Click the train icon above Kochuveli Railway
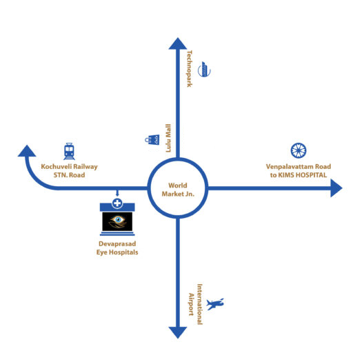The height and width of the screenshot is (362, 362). (69, 151)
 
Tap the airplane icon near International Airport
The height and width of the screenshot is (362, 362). (215, 304)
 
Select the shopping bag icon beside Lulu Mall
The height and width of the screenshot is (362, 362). (152, 140)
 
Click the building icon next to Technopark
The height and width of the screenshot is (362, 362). (204, 69)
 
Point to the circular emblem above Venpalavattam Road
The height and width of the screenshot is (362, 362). (299, 150)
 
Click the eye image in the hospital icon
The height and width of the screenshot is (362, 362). (117, 221)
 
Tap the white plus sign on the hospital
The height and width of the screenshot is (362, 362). (117, 203)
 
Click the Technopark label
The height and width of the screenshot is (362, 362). (190, 68)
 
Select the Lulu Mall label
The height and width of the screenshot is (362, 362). (168, 138)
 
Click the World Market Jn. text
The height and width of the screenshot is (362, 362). (178, 190)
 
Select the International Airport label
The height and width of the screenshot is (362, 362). (195, 304)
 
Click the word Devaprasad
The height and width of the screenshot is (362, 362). (117, 244)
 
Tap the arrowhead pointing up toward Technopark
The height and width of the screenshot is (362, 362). (178, 43)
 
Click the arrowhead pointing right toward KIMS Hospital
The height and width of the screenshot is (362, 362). (336, 188)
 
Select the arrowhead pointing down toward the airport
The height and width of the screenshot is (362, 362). (178, 332)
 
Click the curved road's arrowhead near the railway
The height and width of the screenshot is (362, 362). (27, 151)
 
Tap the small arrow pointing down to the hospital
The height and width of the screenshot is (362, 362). (117, 193)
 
